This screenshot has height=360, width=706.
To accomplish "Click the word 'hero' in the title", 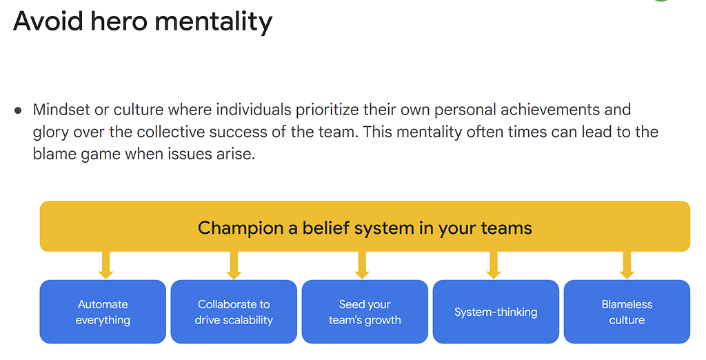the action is tap(119, 21).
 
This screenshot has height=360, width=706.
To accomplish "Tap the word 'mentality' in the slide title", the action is tap(214, 22).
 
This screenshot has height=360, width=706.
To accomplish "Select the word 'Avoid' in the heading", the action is tap(48, 21).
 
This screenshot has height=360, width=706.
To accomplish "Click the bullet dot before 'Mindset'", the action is tap(18, 110).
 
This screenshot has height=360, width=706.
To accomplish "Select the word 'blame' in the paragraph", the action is tap(54, 154).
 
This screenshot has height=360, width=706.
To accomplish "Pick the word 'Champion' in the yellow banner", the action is tap(241, 228).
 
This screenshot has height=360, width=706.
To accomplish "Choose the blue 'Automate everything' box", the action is tap(103, 312).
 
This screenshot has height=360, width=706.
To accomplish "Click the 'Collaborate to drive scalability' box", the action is tap(234, 312).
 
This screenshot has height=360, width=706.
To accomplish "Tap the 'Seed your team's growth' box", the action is tap(365, 312).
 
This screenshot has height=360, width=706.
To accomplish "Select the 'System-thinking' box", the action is tap(496, 312).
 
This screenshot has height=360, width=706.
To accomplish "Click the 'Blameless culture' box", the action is tap(627, 312).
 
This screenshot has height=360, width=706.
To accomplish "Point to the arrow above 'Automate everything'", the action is tap(105, 265).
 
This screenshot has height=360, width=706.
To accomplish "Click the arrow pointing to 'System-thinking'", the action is tap(494, 265).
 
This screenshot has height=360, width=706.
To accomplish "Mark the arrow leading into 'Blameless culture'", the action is tap(627, 265).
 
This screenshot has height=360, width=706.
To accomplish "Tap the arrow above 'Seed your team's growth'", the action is tap(362, 265).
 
